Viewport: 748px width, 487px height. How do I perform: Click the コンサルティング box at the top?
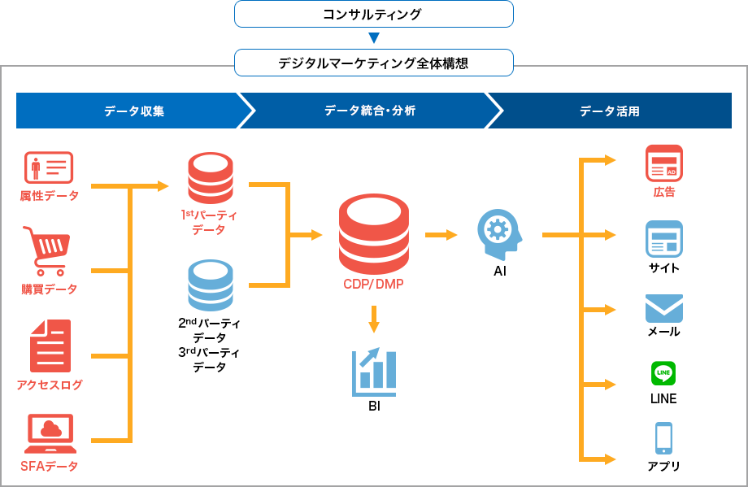pyautogui.click(x=373, y=14)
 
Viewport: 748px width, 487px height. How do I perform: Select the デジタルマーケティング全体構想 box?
pyautogui.click(x=373, y=63)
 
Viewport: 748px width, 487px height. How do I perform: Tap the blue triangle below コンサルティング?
pyautogui.click(x=374, y=37)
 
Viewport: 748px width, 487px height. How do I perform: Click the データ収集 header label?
pyautogui.click(x=134, y=111)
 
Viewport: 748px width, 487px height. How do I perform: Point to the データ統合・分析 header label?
pyautogui.click(x=370, y=111)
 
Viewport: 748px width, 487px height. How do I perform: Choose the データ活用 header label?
pyautogui.click(x=609, y=111)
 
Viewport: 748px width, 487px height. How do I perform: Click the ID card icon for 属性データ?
pyautogui.click(x=49, y=167)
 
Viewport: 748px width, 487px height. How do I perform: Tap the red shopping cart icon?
pyautogui.click(x=47, y=251)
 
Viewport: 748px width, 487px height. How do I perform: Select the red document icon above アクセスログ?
pyautogui.click(x=50, y=346)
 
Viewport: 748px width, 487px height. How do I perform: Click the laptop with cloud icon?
pyautogui.click(x=50, y=433)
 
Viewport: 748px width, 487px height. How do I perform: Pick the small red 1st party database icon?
pyautogui.click(x=211, y=178)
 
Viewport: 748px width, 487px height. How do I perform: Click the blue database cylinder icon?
pyautogui.click(x=211, y=285)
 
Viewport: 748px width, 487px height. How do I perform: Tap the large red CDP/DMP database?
pyautogui.click(x=374, y=233)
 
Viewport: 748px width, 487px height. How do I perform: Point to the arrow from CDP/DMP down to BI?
pyautogui.click(x=374, y=319)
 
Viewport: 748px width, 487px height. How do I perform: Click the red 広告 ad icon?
pyautogui.click(x=664, y=163)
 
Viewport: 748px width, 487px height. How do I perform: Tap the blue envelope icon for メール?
pyautogui.click(x=664, y=309)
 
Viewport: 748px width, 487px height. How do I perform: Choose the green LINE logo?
pyautogui.click(x=663, y=373)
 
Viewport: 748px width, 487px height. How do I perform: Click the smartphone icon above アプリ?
pyautogui.click(x=663, y=438)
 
